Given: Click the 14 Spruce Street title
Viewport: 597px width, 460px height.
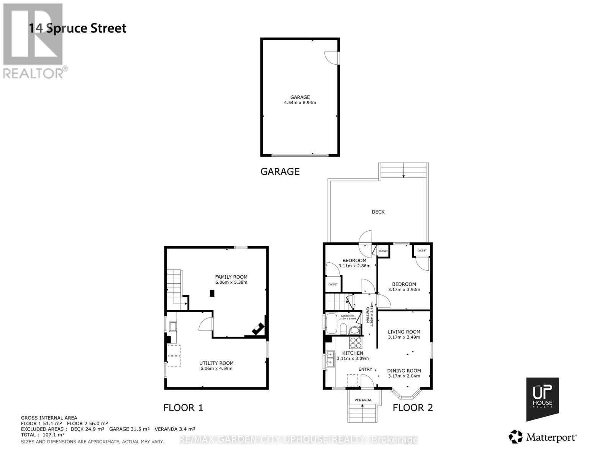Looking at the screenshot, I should (x=78, y=28).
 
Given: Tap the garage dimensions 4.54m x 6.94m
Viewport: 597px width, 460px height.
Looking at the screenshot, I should (x=300, y=103).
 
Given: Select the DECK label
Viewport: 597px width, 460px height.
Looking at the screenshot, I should (x=378, y=212).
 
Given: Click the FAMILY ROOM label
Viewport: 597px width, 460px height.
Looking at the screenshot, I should (x=231, y=277).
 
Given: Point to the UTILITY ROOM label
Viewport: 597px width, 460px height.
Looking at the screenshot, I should (x=216, y=363).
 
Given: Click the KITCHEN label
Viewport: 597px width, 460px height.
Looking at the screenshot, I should (x=353, y=353).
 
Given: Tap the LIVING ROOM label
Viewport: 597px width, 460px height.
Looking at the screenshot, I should (x=404, y=332).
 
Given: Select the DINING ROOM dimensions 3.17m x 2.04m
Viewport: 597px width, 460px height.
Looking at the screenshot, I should (x=404, y=376).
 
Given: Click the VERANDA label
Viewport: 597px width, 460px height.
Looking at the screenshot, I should (x=363, y=400).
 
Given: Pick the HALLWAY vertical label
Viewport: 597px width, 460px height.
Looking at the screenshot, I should (x=368, y=314).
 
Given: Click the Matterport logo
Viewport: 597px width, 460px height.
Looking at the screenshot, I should (x=543, y=437).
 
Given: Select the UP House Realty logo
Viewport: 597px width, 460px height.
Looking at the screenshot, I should (x=542, y=399).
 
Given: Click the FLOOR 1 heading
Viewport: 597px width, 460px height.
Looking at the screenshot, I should (x=183, y=407).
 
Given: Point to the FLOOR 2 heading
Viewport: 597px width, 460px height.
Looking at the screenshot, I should (x=413, y=407).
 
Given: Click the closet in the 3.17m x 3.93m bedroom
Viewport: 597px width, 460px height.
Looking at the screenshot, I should (x=422, y=251).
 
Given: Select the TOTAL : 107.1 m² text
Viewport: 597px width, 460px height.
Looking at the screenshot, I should (x=43, y=435).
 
